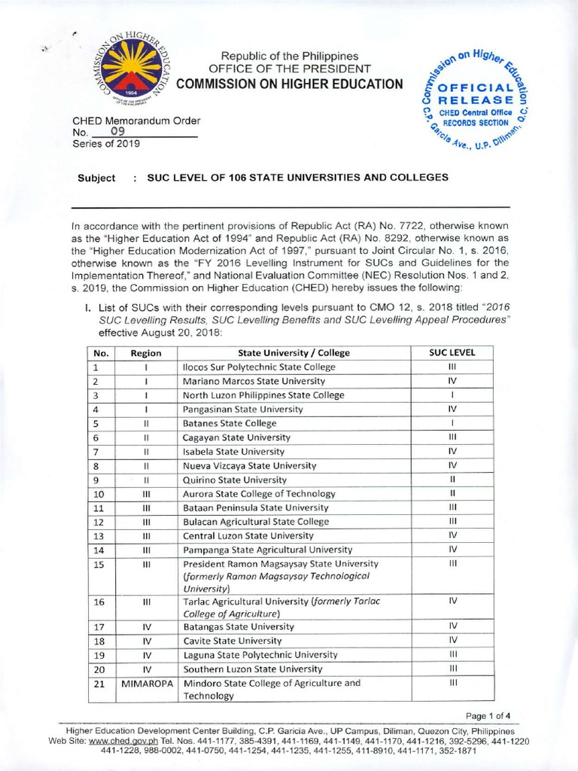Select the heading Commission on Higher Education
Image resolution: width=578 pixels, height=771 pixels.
[x=290, y=84]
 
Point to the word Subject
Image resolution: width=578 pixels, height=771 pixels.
[x=96, y=178]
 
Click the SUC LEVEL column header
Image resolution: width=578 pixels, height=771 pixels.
[x=452, y=352]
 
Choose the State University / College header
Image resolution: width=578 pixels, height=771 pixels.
[x=294, y=352]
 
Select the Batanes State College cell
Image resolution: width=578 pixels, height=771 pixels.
[x=230, y=423]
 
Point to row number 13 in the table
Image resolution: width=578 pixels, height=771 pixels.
[x=98, y=535]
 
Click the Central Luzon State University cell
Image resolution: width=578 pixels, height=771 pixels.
[x=248, y=535]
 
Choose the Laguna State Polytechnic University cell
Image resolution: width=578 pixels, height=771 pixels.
[x=260, y=654]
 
